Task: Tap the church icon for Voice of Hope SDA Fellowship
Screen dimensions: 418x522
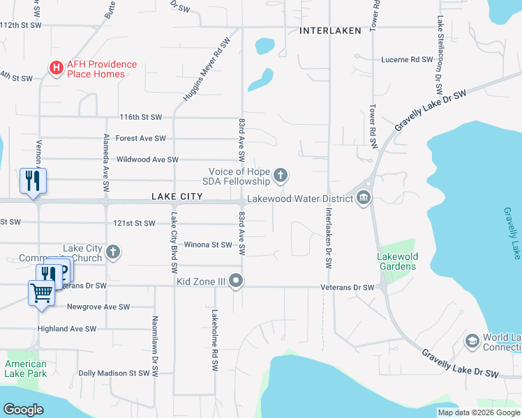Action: [x=281, y=175]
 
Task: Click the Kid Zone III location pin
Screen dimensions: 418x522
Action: [x=237, y=281]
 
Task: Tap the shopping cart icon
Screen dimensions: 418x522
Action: [x=41, y=293]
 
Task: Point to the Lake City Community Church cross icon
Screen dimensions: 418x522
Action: [x=113, y=251]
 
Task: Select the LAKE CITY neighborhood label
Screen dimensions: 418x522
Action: [x=177, y=197]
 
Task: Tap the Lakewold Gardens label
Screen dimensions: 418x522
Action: [x=398, y=261]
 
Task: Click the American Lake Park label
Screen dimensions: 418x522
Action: [x=27, y=369]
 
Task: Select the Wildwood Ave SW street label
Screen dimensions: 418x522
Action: [x=147, y=160]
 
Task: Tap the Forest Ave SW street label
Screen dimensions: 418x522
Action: [x=140, y=139]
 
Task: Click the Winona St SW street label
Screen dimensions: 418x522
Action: [x=207, y=245]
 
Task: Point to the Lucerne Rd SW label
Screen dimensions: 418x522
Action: [x=407, y=60]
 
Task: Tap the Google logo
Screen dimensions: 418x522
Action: [x=24, y=410]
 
